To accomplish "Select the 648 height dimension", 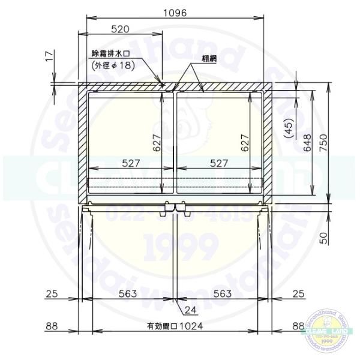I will coord(308,144).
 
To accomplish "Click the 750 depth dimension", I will coord(325,144).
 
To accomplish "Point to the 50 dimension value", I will coord(325,238).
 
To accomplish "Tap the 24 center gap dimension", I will coord(191,310).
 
